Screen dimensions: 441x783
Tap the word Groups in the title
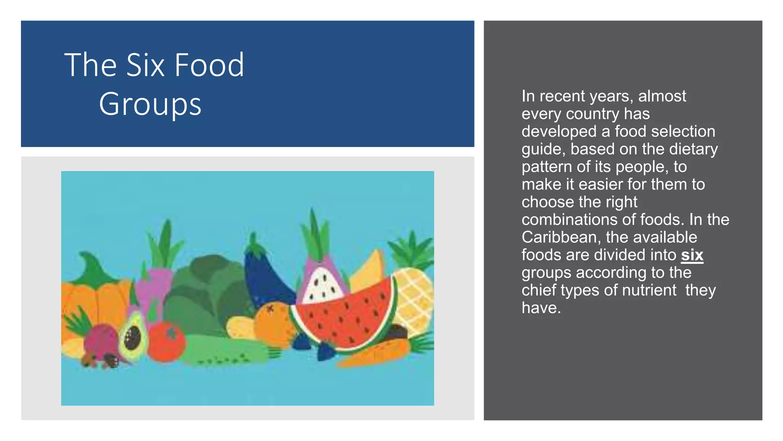[150, 104]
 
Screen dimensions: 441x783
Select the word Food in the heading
[209, 65]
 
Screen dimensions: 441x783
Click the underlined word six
[692, 255]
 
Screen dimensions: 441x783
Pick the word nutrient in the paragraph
[649, 290]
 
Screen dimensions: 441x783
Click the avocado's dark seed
[133, 337]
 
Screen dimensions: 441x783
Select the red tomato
[166, 342]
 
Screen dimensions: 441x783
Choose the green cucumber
[226, 350]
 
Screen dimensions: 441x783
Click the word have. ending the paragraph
[541, 308]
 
